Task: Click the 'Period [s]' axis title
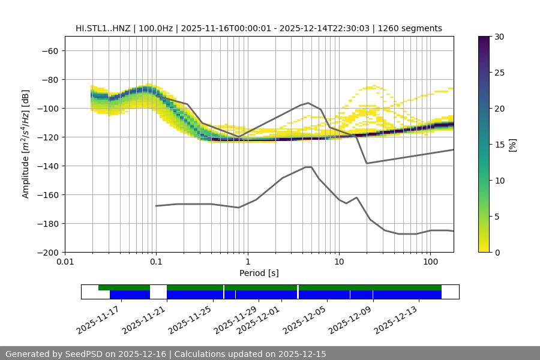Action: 259,274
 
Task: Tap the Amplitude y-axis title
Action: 26,144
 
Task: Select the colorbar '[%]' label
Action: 512,144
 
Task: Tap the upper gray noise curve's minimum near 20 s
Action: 367,163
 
